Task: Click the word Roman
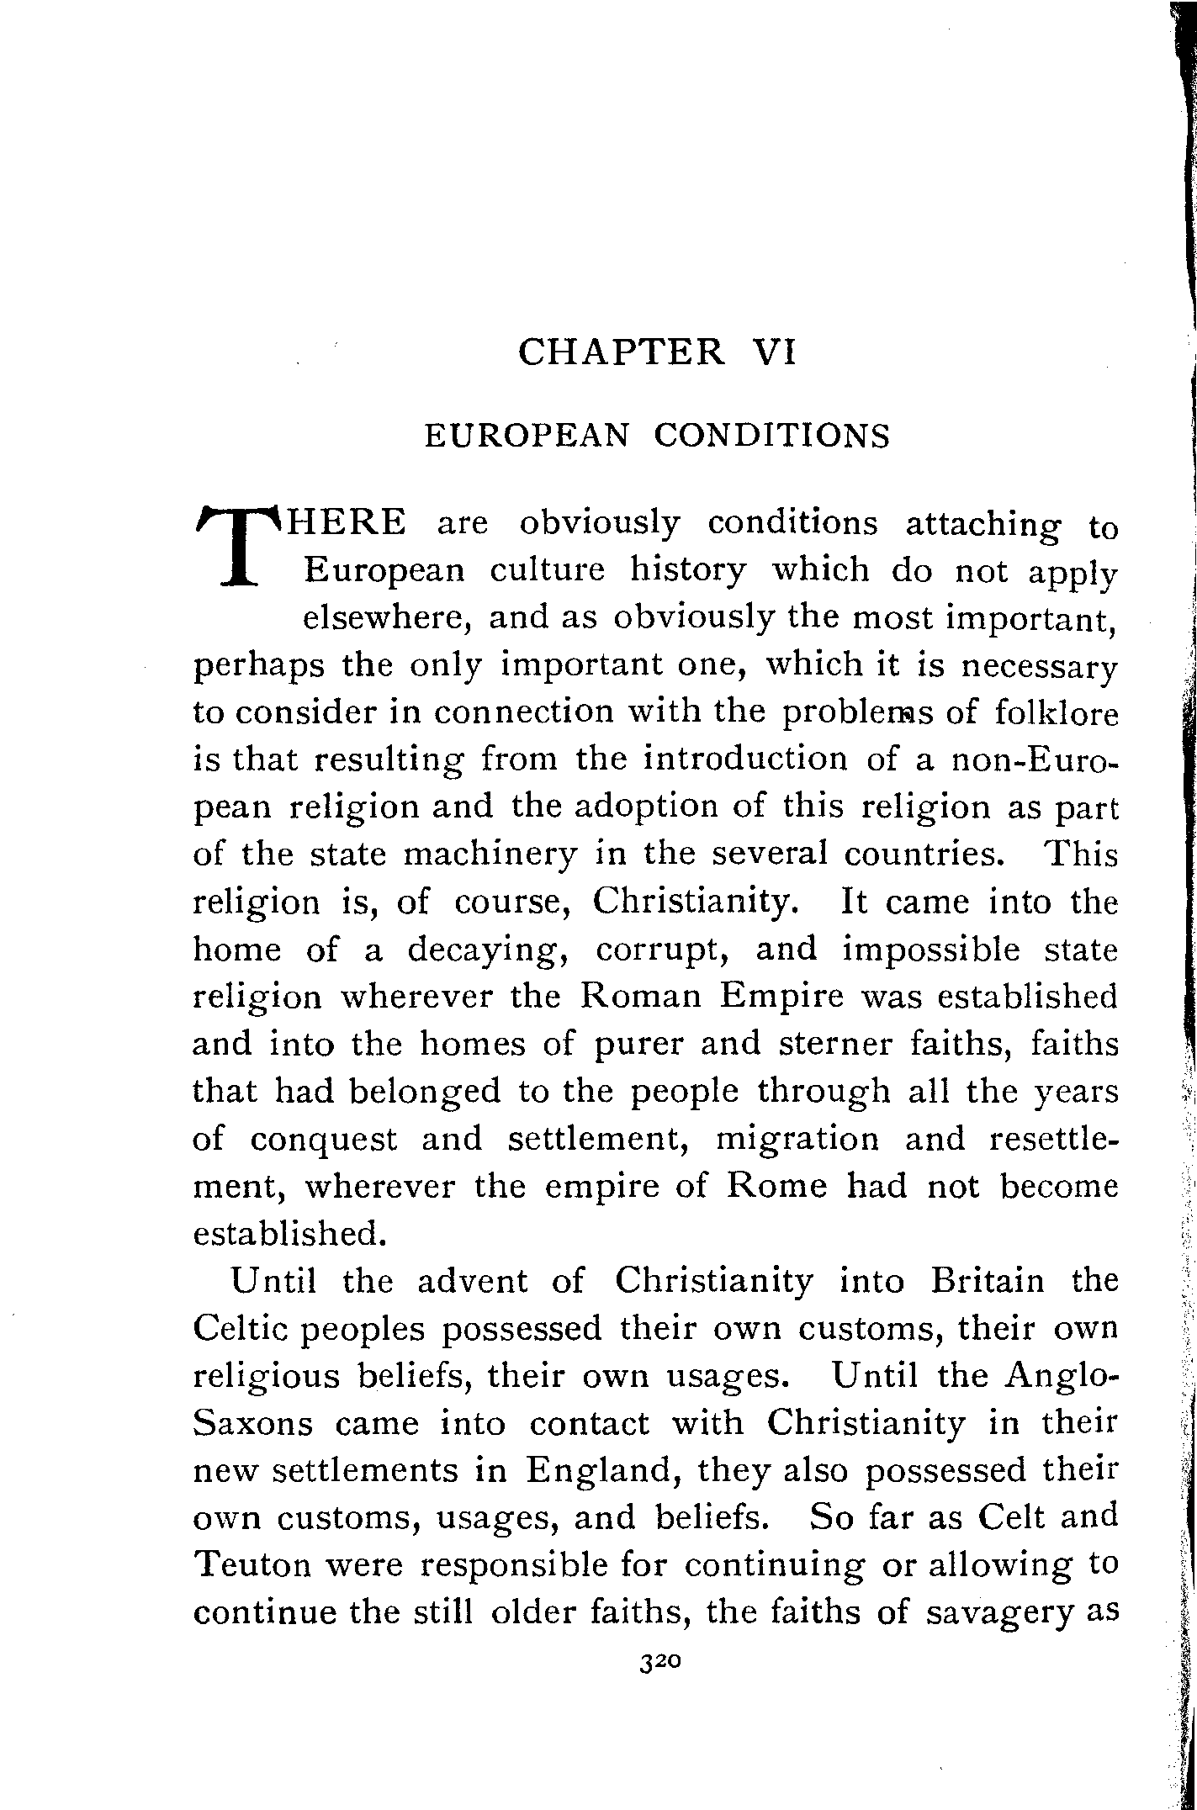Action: click(636, 998)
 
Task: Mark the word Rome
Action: click(776, 1186)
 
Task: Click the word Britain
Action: click(987, 1282)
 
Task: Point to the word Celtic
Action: click(241, 1329)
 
